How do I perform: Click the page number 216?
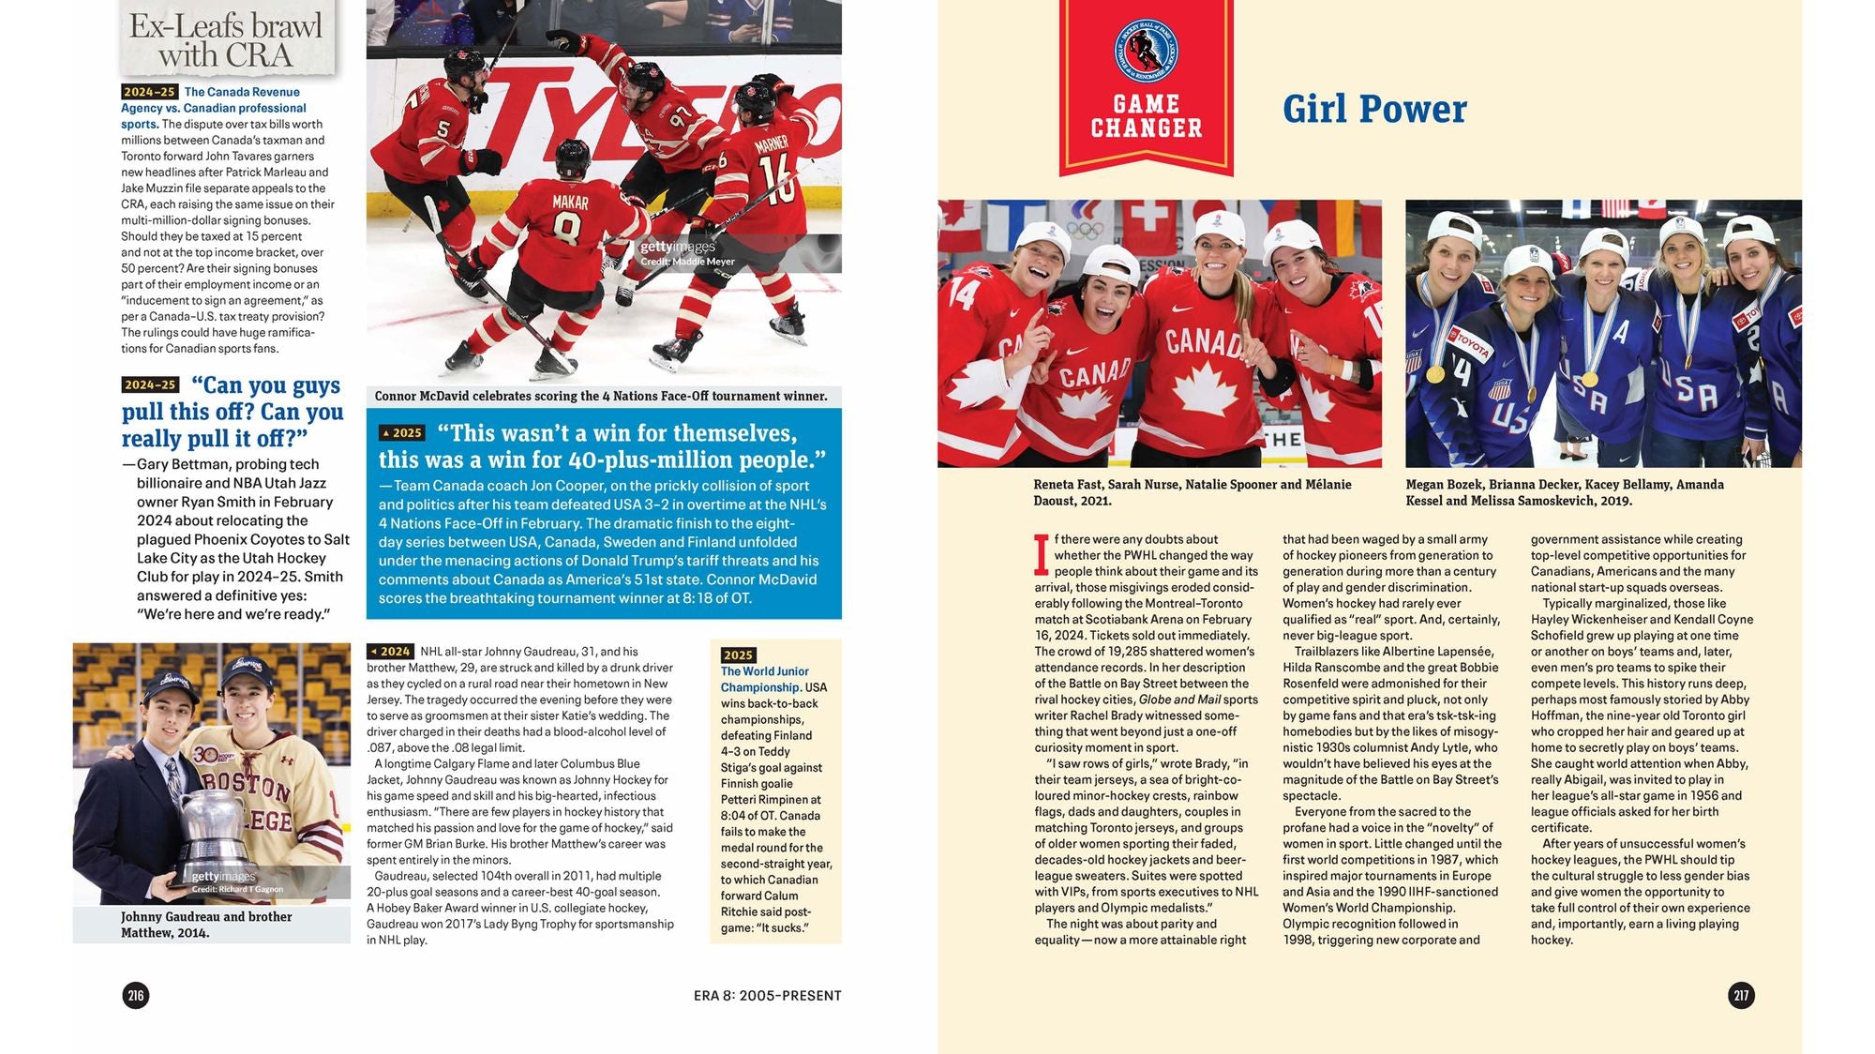pos(136,995)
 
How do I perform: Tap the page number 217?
pos(1741,995)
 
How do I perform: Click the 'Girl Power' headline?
pos(1373,109)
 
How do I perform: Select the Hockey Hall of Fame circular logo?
pos(1146,50)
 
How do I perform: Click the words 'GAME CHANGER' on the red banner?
pos(1146,116)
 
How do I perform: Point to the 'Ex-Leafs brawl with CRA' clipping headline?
pos(226,40)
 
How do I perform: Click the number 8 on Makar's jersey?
pos(569,229)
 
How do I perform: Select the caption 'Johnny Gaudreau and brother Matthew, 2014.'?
pos(206,925)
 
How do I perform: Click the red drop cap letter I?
pos(1041,553)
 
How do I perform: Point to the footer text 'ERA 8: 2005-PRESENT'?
pos(767,996)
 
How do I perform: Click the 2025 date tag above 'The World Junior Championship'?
pos(738,655)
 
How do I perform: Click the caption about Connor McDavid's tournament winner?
pos(601,397)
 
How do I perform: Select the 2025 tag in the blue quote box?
pos(402,433)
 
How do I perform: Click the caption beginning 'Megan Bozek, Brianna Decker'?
pos(1564,492)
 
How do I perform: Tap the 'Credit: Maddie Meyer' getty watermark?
pos(687,262)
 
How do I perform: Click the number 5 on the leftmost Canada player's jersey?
pos(443,128)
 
